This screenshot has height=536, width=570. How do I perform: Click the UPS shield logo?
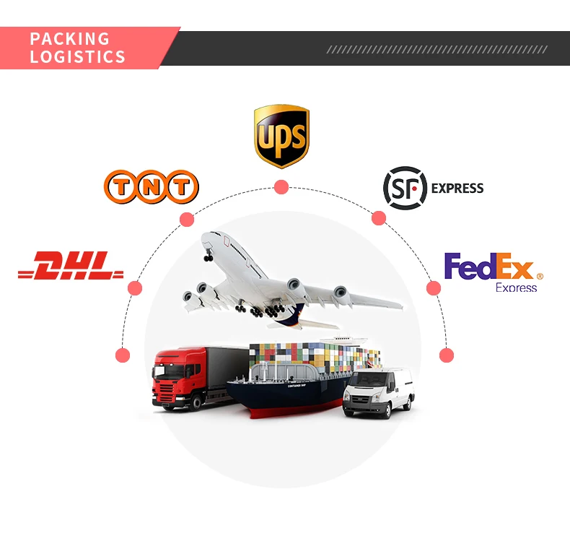(x=281, y=136)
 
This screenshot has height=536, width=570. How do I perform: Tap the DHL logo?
(x=71, y=267)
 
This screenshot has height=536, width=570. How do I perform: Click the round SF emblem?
(x=405, y=188)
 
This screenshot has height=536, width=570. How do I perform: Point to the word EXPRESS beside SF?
(x=457, y=189)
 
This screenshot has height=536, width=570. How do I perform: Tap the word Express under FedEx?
(x=516, y=288)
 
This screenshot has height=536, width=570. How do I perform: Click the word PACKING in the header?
(x=70, y=39)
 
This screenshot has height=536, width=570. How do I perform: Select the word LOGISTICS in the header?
(x=78, y=57)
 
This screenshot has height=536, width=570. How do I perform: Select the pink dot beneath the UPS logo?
(x=281, y=187)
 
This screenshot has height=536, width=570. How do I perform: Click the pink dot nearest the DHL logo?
(x=135, y=288)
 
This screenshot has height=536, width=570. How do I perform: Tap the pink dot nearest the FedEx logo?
(x=434, y=288)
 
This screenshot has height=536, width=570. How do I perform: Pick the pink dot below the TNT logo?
(x=187, y=220)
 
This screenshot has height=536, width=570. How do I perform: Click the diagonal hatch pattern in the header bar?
(x=437, y=49)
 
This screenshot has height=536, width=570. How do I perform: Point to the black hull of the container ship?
(x=289, y=396)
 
